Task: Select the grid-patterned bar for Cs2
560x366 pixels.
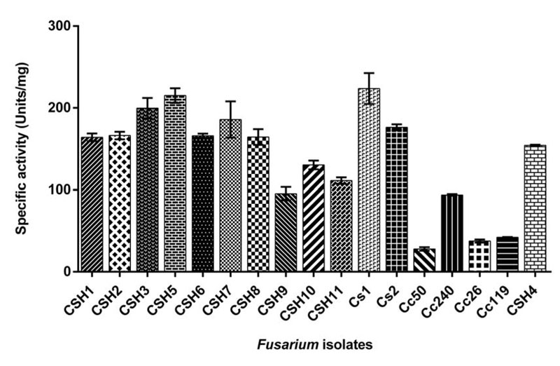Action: (396, 199)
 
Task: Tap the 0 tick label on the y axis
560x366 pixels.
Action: (67, 272)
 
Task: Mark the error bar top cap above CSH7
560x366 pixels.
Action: (230, 102)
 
